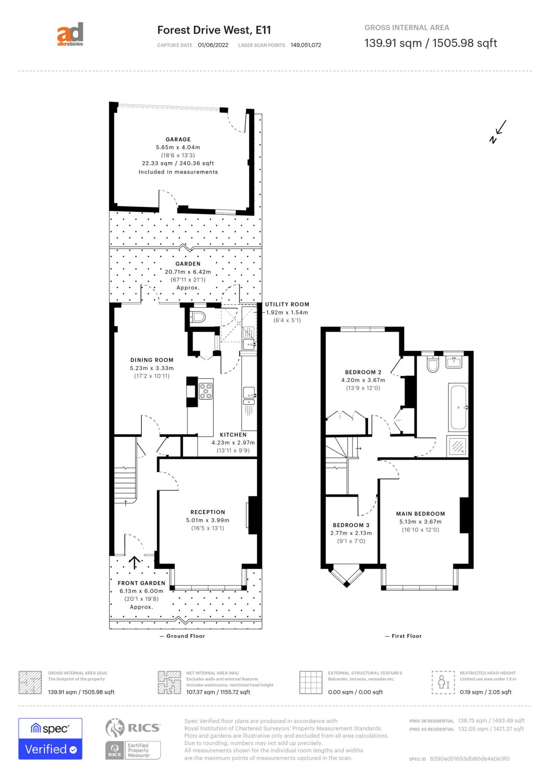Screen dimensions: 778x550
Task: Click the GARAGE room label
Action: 178,139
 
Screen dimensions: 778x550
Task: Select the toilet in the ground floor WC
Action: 198,317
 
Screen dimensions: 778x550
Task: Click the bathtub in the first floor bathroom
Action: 458,407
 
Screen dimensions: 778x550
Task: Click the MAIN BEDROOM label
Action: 420,514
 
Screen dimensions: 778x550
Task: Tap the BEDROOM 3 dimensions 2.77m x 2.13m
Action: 351,533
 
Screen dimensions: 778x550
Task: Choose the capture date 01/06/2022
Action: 213,45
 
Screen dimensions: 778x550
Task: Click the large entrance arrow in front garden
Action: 134,563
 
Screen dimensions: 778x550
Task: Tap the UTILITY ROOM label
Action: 287,304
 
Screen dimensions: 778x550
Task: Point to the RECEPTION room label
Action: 208,512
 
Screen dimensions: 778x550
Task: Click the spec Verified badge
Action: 50,739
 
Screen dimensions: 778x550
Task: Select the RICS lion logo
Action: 115,728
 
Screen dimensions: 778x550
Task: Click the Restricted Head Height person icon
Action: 443,683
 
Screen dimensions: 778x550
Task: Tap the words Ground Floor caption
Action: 185,636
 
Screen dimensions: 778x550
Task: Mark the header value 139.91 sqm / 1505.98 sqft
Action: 430,43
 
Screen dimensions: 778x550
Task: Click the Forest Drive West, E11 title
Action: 214,30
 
